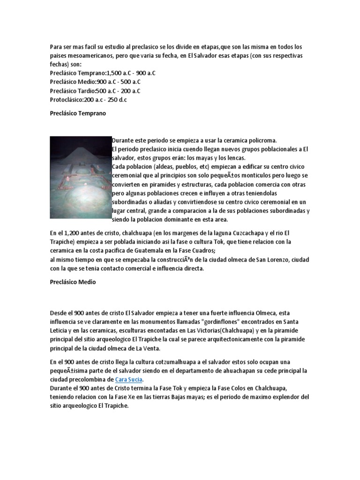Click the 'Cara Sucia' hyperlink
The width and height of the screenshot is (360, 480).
click(x=129, y=379)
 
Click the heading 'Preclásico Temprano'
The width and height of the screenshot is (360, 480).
click(x=78, y=113)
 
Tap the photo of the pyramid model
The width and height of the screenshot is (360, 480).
click(x=80, y=177)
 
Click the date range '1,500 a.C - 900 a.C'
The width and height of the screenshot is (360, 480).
click(x=131, y=73)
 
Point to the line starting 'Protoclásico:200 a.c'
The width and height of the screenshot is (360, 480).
click(x=88, y=100)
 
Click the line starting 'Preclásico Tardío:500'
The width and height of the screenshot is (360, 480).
click(x=95, y=91)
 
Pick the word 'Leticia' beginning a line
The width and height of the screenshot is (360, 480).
click(x=59, y=330)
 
